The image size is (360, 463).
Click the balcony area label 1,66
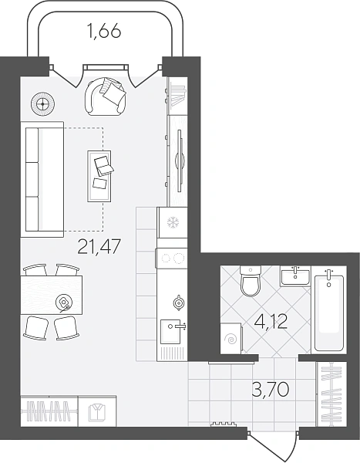pyautogui.click(x=104, y=31)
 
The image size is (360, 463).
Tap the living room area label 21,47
pyautogui.click(x=99, y=246)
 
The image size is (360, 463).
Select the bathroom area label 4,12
pyautogui.click(x=271, y=322)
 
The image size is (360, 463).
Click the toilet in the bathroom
pyautogui.click(x=251, y=281)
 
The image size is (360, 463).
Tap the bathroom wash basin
pyautogui.click(x=295, y=276)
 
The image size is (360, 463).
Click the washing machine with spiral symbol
pyautogui.click(x=231, y=337)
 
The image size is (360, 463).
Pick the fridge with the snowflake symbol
pyautogui.click(x=173, y=222)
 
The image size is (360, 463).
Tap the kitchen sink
pyautogui.click(x=172, y=332)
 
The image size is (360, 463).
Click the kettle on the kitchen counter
pyautogui.click(x=178, y=302)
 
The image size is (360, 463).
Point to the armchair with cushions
pyautogui.click(x=106, y=96)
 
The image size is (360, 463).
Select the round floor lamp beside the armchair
pyautogui.click(x=43, y=104)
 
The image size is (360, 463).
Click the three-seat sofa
pyautogui.click(x=42, y=179)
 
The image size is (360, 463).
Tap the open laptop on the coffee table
pyautogui.click(x=103, y=165)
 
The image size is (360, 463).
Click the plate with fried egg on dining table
pyautogui.click(x=64, y=302)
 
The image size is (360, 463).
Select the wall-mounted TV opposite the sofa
pyautogui.click(x=180, y=161)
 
